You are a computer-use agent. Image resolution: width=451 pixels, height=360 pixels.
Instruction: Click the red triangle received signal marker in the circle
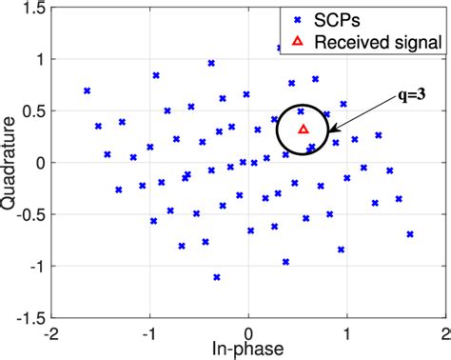click(304, 129)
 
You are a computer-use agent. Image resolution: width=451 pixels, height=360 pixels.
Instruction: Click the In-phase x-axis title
click(248, 349)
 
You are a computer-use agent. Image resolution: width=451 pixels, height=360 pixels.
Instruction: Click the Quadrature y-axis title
click(12, 162)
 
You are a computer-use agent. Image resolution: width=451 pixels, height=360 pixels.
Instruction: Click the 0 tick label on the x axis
click(248, 330)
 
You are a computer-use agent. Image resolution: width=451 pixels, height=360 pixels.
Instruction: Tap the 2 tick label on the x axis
click(443, 330)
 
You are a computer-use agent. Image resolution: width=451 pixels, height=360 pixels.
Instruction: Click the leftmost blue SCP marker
click(87, 90)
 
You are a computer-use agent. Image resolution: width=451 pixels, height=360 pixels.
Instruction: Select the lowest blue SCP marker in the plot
click(217, 277)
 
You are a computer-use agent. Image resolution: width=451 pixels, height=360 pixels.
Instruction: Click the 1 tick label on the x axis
click(346, 330)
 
